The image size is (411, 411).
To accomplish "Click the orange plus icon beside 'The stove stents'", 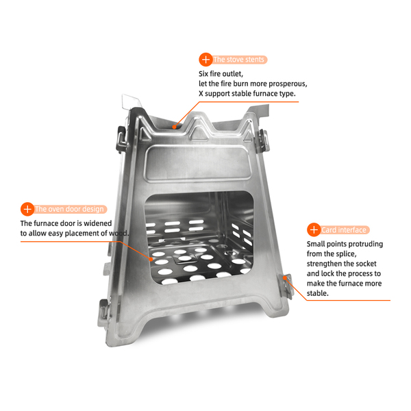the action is pos(206,60).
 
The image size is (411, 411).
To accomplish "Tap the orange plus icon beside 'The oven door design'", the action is pos(27,209).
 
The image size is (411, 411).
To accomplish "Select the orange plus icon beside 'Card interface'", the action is pos(314,230).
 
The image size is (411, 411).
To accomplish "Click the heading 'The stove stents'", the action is pos(238,60).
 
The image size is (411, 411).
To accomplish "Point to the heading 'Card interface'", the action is pos(344,230).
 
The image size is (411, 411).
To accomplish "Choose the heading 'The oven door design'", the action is pos(69,209).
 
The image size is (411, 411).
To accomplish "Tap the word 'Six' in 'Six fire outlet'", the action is pos(203,74).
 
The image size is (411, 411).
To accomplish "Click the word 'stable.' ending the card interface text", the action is pos(317,293).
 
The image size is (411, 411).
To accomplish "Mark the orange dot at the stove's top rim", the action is pos(174,127).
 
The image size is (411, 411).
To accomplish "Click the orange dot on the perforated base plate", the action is pos(151,259).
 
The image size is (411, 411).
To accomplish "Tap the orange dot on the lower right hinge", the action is pos(285,277).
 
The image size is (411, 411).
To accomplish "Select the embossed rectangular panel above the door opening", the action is pos(198,163).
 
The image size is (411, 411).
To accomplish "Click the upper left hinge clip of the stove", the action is pos(122,139).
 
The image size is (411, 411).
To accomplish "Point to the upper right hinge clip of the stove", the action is pos(264,141).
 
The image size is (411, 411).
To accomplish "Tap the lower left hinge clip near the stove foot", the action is pos(104,312).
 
